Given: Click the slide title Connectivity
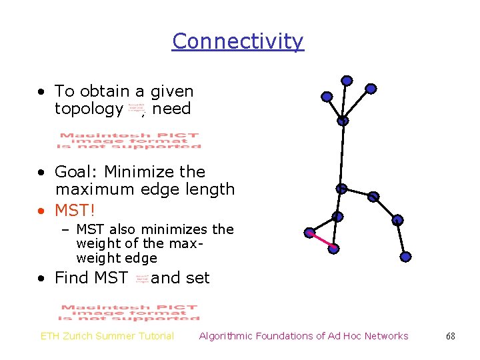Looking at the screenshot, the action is [x=237, y=41].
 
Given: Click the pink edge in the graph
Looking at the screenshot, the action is [x=321, y=241].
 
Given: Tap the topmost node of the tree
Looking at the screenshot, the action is [x=347, y=81].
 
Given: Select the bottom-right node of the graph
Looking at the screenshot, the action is [x=406, y=256].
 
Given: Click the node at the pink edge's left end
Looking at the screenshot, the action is [x=309, y=233].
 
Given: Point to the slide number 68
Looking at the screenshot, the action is [x=451, y=336].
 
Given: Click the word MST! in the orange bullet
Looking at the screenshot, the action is [x=75, y=211].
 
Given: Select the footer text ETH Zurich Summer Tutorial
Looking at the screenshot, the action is [x=107, y=336].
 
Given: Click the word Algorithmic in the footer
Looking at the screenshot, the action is [x=227, y=336].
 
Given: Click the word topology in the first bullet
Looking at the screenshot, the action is [x=89, y=109].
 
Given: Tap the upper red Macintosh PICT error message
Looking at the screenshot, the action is [x=129, y=141].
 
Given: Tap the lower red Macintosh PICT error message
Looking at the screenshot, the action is [x=129, y=313].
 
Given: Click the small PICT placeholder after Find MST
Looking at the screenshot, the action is [x=141, y=279].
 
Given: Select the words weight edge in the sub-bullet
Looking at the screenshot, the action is [x=117, y=258].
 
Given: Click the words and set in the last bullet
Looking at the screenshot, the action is [x=180, y=278].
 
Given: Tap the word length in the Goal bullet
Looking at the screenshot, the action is [x=211, y=189].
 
